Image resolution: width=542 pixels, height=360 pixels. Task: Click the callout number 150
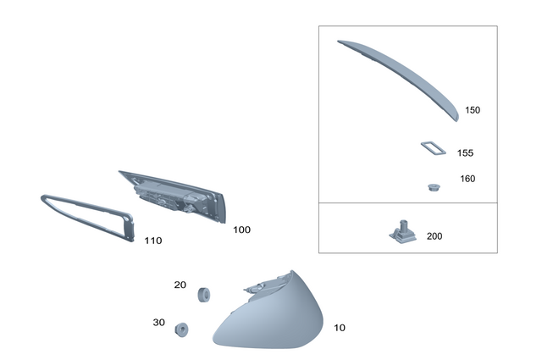click(x=473, y=110)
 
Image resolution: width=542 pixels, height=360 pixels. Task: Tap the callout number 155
click(x=465, y=152)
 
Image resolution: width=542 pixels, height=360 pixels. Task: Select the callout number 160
click(x=467, y=179)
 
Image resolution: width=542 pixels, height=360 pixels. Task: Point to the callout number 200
click(x=434, y=236)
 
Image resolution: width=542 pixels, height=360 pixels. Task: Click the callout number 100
click(x=241, y=230)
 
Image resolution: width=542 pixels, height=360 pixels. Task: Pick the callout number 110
click(x=152, y=241)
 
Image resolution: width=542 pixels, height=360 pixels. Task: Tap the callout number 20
click(x=180, y=285)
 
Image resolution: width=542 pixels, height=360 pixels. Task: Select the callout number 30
click(x=158, y=322)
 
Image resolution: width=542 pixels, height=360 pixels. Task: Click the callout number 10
click(x=340, y=328)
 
